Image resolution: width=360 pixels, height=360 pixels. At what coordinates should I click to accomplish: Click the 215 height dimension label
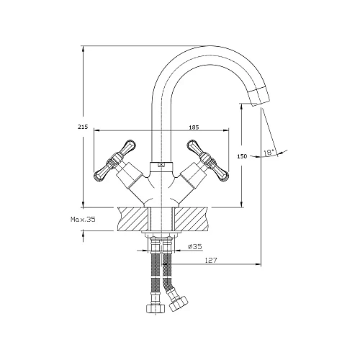(x=83, y=127)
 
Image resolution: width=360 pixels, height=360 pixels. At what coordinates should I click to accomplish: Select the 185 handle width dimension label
(x=194, y=127)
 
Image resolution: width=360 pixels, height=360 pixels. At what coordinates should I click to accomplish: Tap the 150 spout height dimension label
(x=242, y=156)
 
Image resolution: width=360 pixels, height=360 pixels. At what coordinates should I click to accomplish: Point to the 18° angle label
(x=269, y=152)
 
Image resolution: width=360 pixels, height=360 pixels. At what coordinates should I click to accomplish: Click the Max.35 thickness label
(x=83, y=219)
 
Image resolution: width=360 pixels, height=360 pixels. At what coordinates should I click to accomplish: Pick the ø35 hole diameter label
(x=195, y=246)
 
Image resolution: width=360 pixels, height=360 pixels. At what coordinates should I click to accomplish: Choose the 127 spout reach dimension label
(x=211, y=260)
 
